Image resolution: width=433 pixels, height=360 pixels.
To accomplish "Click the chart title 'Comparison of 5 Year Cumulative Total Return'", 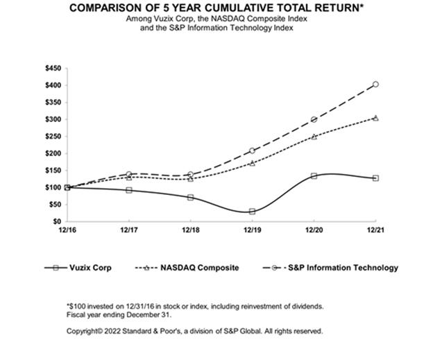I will tap(216, 8).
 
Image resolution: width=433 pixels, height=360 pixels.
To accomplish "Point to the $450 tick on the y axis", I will tap(53, 69).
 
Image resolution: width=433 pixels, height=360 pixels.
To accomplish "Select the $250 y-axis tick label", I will tap(53, 137).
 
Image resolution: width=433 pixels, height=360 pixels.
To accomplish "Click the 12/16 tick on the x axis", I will tap(68, 230).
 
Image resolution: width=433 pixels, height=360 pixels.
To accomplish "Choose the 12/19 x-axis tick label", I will tap(252, 230).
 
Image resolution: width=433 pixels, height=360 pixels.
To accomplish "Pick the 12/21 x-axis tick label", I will tap(375, 230).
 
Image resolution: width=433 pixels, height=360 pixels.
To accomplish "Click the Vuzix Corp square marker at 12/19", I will tap(252, 211).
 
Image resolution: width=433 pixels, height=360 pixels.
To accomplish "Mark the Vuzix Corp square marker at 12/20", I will tap(314, 176).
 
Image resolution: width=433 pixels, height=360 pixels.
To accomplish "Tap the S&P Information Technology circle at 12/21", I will tap(375, 85).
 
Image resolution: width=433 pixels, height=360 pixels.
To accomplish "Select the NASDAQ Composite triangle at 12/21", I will tap(375, 118).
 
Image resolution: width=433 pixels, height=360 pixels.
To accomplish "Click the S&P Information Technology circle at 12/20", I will tap(314, 119).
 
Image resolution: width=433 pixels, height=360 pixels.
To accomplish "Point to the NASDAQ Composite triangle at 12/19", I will tap(252, 163).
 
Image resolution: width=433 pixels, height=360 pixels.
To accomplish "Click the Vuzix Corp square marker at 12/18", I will tap(191, 197).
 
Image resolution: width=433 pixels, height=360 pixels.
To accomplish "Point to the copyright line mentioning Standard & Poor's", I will tap(195, 331).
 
